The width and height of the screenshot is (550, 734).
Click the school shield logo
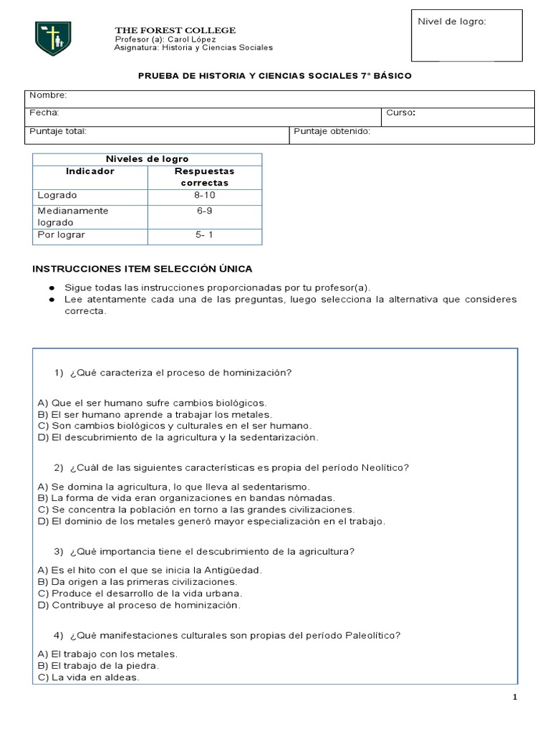click(x=53, y=39)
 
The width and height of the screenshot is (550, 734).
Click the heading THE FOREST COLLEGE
click(x=175, y=29)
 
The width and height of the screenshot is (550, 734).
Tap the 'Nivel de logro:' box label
click(x=452, y=22)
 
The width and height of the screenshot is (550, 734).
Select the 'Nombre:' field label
click(x=48, y=95)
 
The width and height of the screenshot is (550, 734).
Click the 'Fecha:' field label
click(x=44, y=113)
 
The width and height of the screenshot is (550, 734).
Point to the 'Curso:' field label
click(x=401, y=113)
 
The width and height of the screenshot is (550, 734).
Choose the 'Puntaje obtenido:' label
click(x=332, y=131)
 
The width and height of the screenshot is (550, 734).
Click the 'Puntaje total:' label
click(x=58, y=131)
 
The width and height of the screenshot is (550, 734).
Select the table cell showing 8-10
click(x=204, y=195)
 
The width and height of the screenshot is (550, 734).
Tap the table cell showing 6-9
click(x=204, y=211)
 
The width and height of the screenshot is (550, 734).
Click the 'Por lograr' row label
click(x=57, y=234)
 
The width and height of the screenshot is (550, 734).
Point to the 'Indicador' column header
click(x=90, y=172)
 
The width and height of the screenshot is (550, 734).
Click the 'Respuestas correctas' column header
click(x=204, y=177)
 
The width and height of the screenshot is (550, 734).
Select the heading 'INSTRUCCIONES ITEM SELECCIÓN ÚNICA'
click(x=143, y=269)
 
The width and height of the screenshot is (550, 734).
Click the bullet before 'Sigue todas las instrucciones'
click(x=52, y=287)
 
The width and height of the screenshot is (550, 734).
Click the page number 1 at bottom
click(x=516, y=698)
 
